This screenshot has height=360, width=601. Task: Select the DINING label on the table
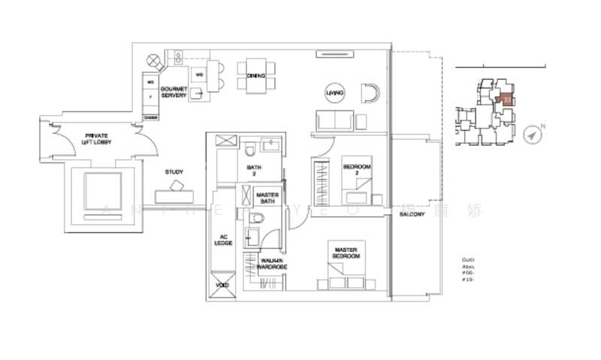point(255,75)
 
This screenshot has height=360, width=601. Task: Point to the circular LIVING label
point(334,93)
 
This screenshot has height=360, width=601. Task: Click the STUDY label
point(174,172)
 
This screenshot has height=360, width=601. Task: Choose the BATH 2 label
point(255,171)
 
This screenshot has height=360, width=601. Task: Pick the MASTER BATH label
point(267,198)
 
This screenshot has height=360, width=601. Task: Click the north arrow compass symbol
point(534,135)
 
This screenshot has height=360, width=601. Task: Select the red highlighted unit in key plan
point(507,98)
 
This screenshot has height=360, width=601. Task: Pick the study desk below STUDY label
point(174,194)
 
